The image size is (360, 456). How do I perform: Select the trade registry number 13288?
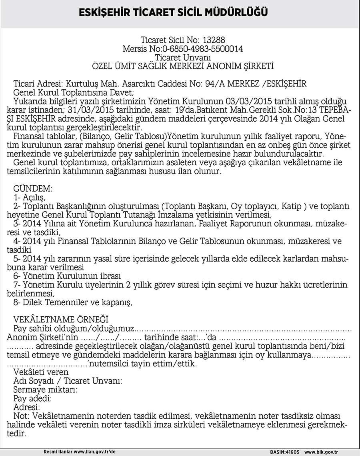click(x=214, y=40)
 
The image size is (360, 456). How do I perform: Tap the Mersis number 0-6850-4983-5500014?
click(x=203, y=49)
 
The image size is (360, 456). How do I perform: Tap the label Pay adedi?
click(x=33, y=398)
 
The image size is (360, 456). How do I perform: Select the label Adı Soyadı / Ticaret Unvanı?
click(x=68, y=381)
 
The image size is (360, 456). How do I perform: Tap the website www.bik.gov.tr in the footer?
click(x=326, y=452)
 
